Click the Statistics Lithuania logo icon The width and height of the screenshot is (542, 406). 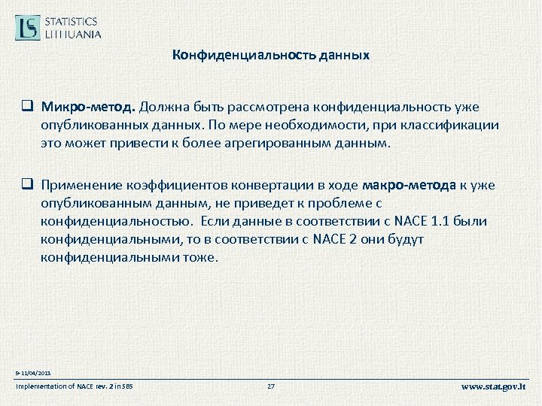[29, 27]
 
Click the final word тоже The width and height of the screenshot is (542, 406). [199, 256]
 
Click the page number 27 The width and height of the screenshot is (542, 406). [271, 386]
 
